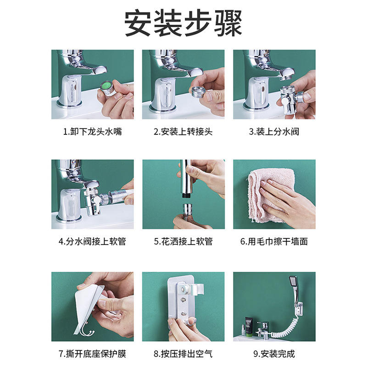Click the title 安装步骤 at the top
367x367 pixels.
183,23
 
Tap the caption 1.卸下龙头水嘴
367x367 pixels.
93,132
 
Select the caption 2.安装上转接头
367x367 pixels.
183,132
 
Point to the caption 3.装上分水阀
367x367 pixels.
274,132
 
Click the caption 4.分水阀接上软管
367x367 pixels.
93,241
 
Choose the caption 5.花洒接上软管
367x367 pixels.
183,241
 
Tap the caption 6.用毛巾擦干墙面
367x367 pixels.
274,241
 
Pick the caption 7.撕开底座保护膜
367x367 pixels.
93,354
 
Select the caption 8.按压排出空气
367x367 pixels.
183,354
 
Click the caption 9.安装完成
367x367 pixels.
274,354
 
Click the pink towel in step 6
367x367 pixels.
269,195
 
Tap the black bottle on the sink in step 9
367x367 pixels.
248,326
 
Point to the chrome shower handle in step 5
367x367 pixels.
187,179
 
